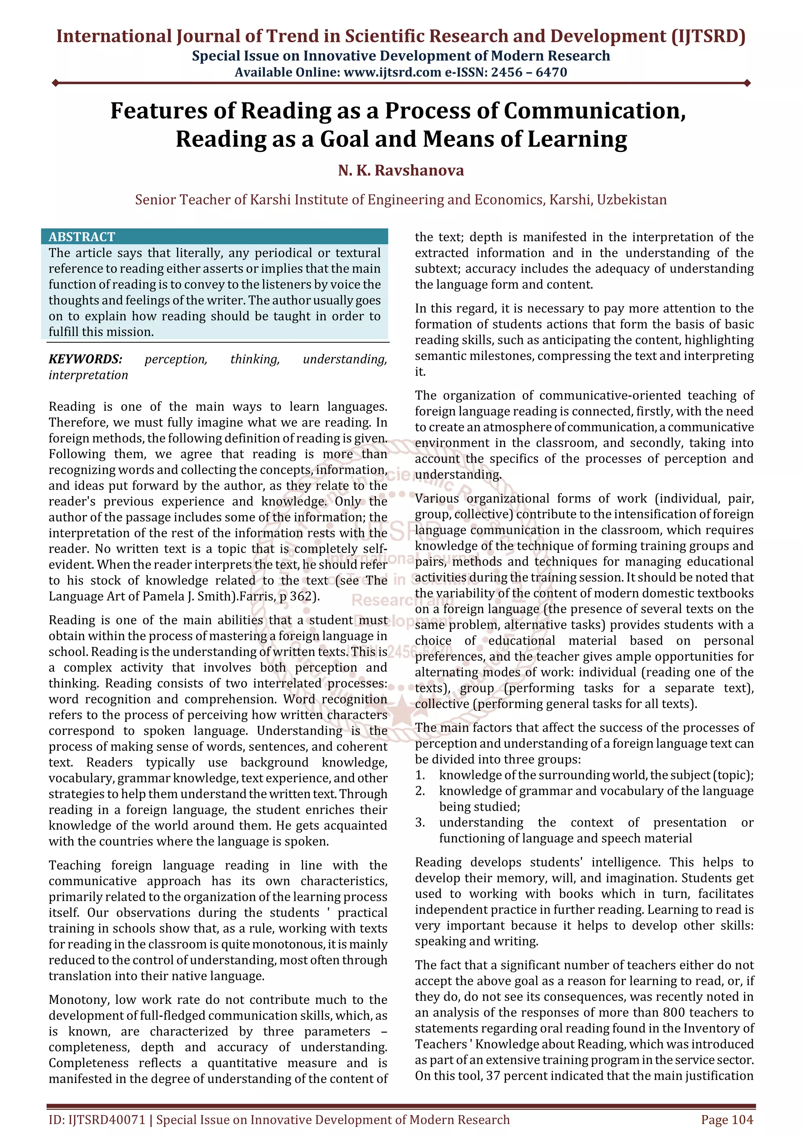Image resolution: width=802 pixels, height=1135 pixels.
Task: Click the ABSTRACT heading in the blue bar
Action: [81, 237]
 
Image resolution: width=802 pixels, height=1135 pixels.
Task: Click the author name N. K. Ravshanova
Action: [401, 170]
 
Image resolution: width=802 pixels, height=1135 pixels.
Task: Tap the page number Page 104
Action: [726, 1120]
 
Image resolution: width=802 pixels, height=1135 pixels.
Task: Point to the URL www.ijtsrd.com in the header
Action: [392, 73]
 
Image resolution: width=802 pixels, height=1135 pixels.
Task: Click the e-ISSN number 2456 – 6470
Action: [529, 73]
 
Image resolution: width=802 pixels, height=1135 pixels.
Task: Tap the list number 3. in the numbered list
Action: [420, 822]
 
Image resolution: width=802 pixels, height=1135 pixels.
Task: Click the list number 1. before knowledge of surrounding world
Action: [420, 775]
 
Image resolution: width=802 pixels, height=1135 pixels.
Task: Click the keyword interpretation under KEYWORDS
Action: [88, 375]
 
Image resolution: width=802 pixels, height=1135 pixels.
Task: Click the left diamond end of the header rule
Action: [55, 83]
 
